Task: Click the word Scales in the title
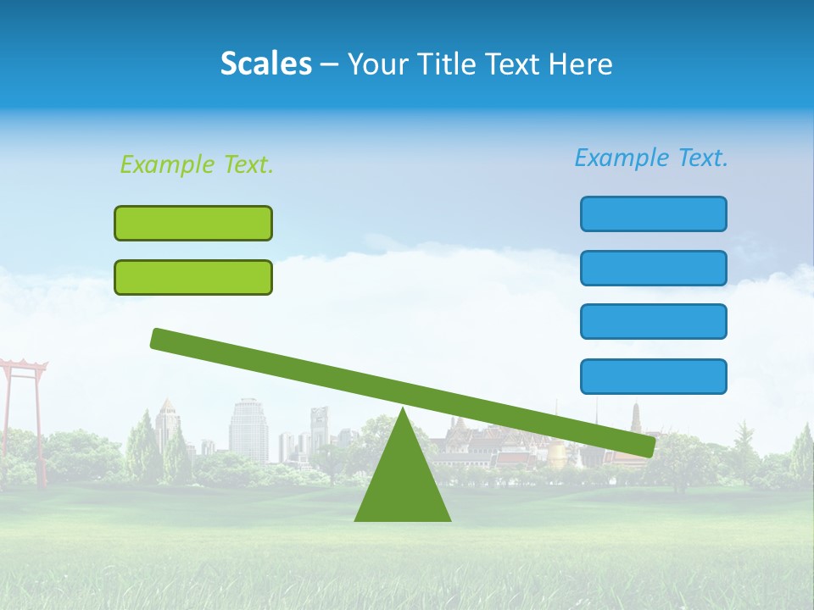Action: [x=265, y=64]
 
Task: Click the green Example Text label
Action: [x=197, y=164]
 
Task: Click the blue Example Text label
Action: [x=651, y=158]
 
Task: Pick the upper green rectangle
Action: [x=193, y=223]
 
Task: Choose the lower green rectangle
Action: [x=193, y=277]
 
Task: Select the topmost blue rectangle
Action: [x=653, y=213]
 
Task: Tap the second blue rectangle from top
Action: [x=653, y=268]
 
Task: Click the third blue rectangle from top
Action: [x=653, y=322]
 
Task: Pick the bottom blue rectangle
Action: [x=653, y=376]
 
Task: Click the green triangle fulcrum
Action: [x=403, y=483]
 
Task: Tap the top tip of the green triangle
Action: [x=403, y=410]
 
